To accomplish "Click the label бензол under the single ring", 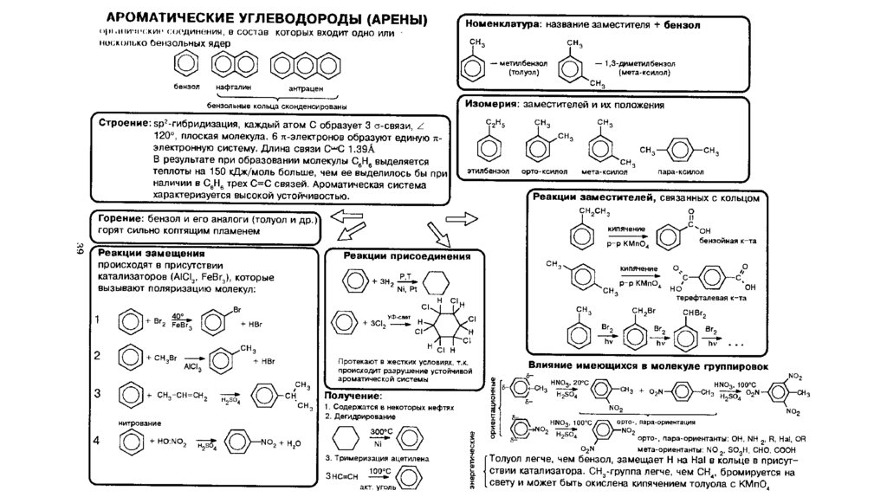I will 185,87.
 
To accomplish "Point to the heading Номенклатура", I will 498,26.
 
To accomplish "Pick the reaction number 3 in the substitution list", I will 98,393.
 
